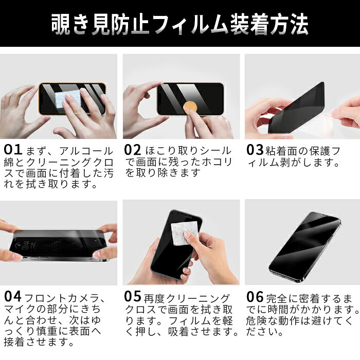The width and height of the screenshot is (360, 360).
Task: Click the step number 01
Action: pyautogui.click(x=13, y=150)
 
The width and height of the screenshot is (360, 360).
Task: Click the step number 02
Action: pyautogui.click(x=133, y=150)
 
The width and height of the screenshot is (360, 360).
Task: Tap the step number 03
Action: pyautogui.click(x=255, y=150)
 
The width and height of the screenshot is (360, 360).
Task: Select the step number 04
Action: pyautogui.click(x=13, y=296)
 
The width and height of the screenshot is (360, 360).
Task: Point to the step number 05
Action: pyautogui.click(x=133, y=296)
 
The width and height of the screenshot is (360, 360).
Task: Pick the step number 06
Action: pyautogui.click(x=255, y=297)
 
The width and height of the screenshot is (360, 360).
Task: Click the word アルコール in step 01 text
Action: pyautogui.click(x=86, y=151)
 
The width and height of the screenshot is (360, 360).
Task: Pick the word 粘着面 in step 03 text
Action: pyautogui.click(x=282, y=151)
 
